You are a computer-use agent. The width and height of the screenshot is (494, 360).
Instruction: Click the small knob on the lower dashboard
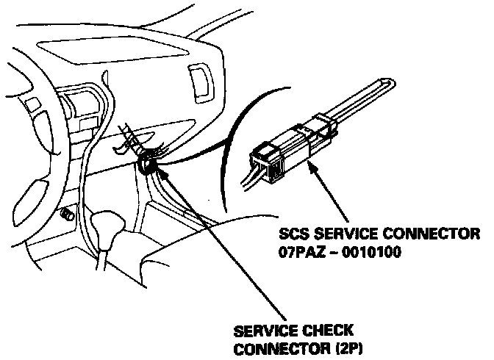pyautogui.click(x=67, y=215)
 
